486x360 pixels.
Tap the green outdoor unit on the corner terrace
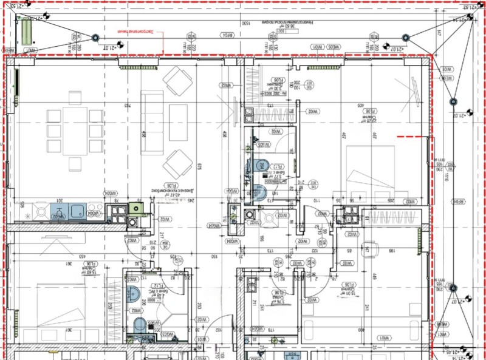[26, 30]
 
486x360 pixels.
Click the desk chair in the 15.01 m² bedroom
[368, 248]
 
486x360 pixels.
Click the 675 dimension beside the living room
[199, 167]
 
